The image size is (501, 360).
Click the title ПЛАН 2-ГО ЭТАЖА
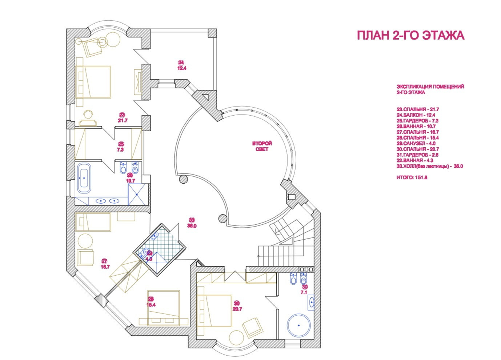[x=410, y=36]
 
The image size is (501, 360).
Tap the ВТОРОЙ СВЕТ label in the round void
[x=262, y=147]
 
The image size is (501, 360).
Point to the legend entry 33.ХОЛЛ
[x=429, y=166]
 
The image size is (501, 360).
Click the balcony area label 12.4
[x=182, y=68]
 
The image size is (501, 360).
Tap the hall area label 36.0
[x=192, y=225]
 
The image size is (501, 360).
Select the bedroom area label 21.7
[x=122, y=120]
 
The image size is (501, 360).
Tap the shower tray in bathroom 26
[x=138, y=194]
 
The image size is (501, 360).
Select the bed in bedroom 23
[x=93, y=82]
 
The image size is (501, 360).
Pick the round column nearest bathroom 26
[x=183, y=179]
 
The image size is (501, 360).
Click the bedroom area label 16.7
[x=105, y=266]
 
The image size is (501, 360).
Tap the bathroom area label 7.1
[x=304, y=292]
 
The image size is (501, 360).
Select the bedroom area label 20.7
[x=237, y=309]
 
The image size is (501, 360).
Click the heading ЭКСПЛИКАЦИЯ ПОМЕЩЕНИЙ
[x=430, y=87]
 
